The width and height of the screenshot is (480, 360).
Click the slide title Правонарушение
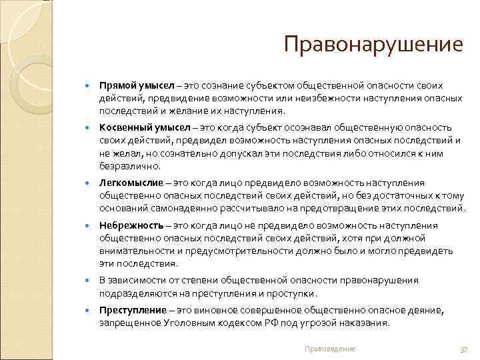pyautogui.click(x=373, y=45)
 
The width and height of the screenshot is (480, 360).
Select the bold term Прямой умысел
pyautogui.click(x=137, y=86)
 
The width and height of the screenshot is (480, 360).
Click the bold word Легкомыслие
pyautogui.click(x=131, y=182)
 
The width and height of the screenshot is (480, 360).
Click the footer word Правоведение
pyautogui.click(x=329, y=349)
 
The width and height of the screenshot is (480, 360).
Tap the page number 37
pyautogui.click(x=465, y=349)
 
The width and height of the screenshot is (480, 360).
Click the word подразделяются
pyautogui.click(x=135, y=293)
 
